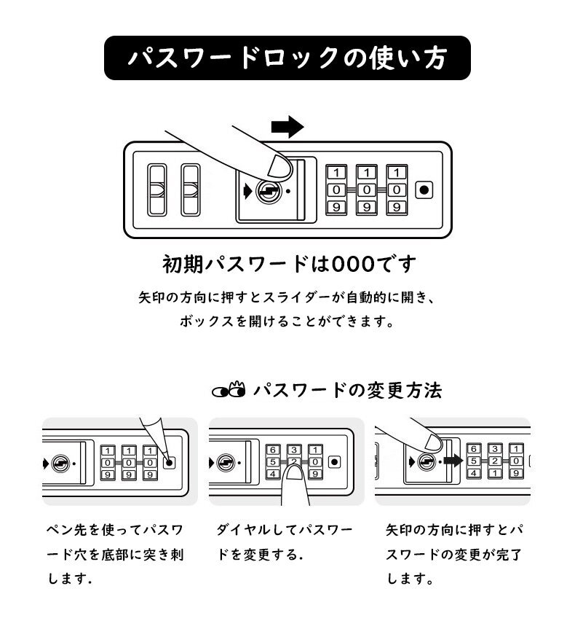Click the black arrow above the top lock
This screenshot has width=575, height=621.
click(x=286, y=127)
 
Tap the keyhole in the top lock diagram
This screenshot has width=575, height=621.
click(x=268, y=192)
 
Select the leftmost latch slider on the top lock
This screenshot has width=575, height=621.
click(x=156, y=190)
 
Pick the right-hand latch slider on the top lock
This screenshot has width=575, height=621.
click(x=191, y=190)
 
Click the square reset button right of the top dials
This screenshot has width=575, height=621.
click(x=423, y=190)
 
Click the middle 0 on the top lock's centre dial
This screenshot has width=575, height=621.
click(x=365, y=190)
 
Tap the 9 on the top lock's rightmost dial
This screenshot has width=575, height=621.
click(x=395, y=207)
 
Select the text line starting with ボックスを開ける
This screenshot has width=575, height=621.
click(x=287, y=321)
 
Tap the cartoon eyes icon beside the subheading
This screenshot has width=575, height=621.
click(x=229, y=391)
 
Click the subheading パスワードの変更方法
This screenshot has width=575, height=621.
click(x=347, y=391)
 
